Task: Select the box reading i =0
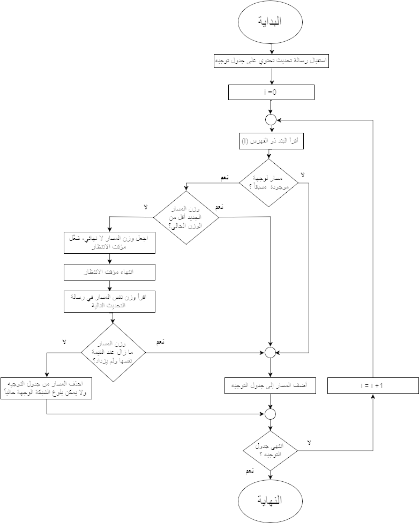271,93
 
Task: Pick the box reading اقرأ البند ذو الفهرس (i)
271,142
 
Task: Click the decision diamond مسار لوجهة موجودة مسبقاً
271,183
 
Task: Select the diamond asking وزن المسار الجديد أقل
186,217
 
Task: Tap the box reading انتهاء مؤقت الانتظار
109,272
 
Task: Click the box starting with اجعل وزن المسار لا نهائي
109,243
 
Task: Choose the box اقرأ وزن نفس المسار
109,301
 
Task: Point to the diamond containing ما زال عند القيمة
113,353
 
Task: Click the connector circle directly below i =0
271,119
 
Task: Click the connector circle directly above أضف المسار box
271,352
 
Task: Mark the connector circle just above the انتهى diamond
271,414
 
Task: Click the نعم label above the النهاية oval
250,472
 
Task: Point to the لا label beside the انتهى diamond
309,443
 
